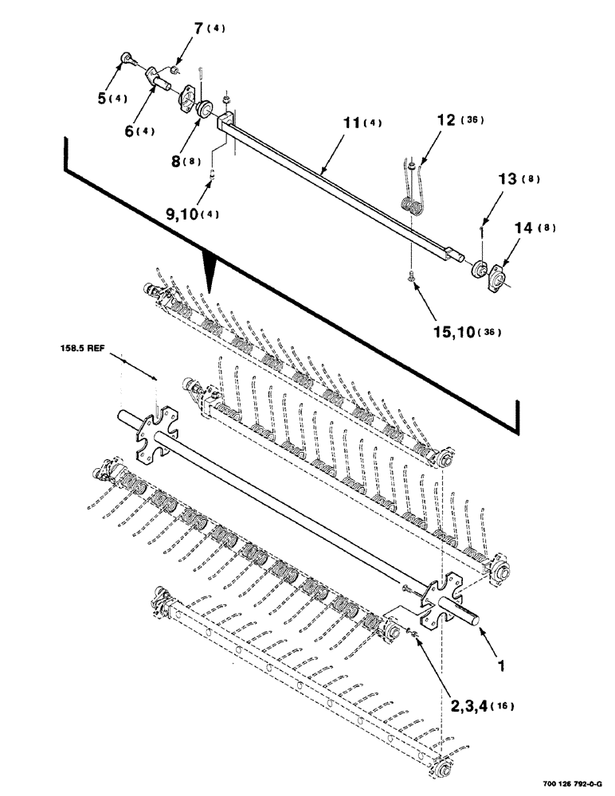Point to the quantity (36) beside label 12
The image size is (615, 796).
[476, 121]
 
